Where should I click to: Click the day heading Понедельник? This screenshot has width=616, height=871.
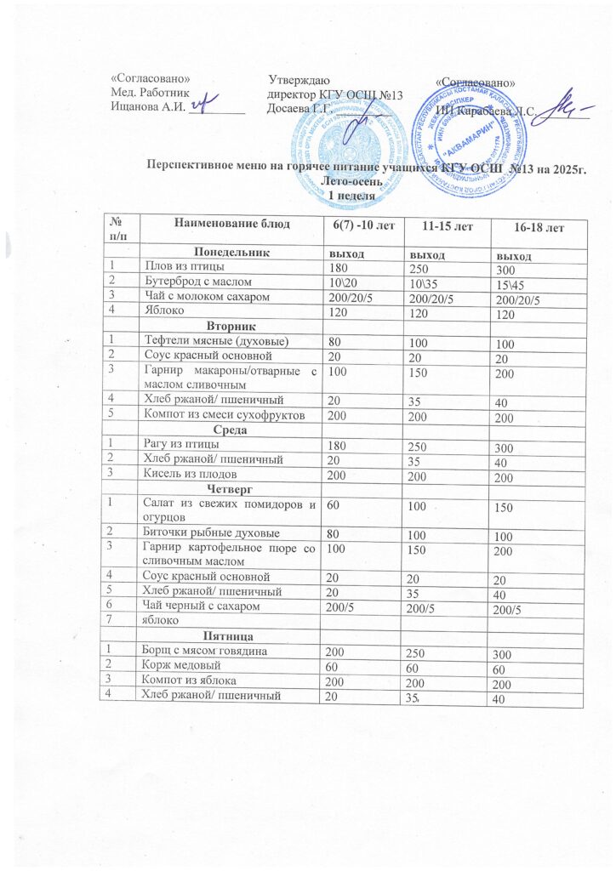pos(231,253)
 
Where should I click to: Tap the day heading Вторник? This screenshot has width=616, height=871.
pos(232,327)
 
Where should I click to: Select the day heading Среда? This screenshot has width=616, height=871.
pos(231,430)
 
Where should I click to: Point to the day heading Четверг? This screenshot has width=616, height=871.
pos(231,487)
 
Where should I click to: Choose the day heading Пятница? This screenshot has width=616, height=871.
pos(231,635)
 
